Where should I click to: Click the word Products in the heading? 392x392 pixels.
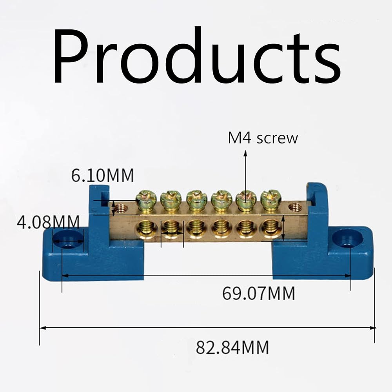tap(197, 56)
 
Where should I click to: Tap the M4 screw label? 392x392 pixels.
tap(263, 138)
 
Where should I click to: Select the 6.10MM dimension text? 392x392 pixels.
tap(103, 175)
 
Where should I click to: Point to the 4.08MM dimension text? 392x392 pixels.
tap(48, 222)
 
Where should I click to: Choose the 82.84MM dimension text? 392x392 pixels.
tap(232, 347)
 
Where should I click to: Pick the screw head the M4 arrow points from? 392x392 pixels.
tap(246, 200)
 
